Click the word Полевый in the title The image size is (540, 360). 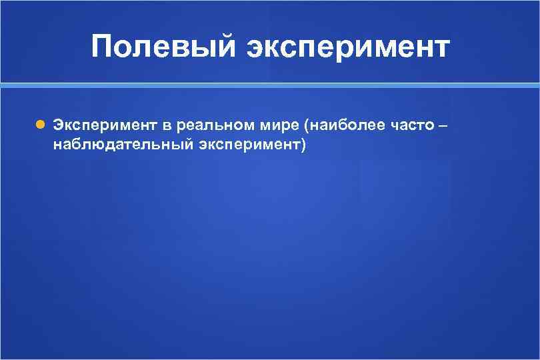click(164, 47)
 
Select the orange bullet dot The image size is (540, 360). click(41, 125)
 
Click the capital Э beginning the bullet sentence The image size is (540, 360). click(59, 125)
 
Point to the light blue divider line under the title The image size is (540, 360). click(270, 86)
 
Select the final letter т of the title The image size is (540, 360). click(442, 48)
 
